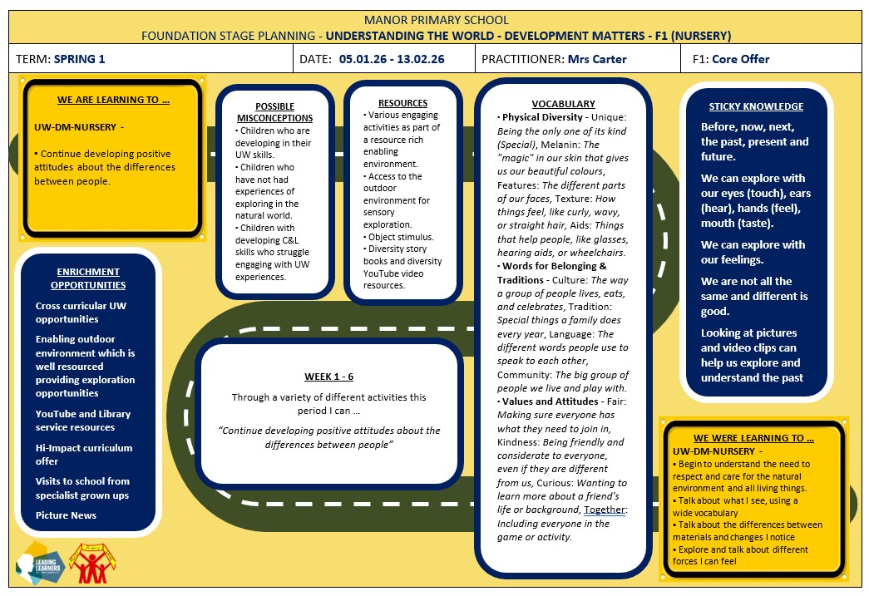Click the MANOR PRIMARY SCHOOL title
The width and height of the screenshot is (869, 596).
point(436,21)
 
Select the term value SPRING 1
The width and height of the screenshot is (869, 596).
point(79,59)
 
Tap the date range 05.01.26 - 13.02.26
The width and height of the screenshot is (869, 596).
point(392,59)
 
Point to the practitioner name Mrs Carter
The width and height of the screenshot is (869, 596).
point(597,59)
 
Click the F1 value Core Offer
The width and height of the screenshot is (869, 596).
point(740,59)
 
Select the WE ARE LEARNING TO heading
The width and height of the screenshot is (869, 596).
point(113,100)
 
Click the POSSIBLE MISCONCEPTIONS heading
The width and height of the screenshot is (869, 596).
point(275,112)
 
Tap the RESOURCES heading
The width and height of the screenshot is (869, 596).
point(403,103)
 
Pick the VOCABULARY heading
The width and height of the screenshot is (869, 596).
point(564,104)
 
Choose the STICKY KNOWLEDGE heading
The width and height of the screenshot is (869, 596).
point(756,106)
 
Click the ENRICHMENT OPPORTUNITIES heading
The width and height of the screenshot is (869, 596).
point(88,278)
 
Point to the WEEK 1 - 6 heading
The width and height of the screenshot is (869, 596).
point(328,377)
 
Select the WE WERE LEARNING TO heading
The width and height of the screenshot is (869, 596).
point(753,438)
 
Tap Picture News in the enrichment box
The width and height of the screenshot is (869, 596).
point(66,515)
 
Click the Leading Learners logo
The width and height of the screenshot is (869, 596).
point(40,564)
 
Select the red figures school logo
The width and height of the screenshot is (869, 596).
point(92,564)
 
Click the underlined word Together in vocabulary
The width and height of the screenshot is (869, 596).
point(604,510)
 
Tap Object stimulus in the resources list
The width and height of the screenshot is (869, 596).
point(402,237)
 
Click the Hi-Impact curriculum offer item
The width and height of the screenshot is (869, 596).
point(84,454)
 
